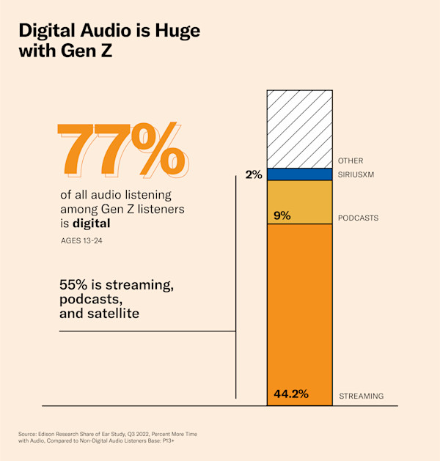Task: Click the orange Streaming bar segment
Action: (299, 308)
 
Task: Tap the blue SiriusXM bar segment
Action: (299, 174)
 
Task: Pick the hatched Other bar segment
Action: (299, 128)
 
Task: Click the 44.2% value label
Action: (290, 394)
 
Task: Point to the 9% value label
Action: (282, 215)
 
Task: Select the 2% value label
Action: (254, 175)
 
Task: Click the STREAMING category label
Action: (361, 397)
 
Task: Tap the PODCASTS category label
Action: (358, 218)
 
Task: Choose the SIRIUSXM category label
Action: (357, 175)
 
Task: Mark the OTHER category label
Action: (350, 161)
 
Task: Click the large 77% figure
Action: (122, 150)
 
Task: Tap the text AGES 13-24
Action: (82, 240)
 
